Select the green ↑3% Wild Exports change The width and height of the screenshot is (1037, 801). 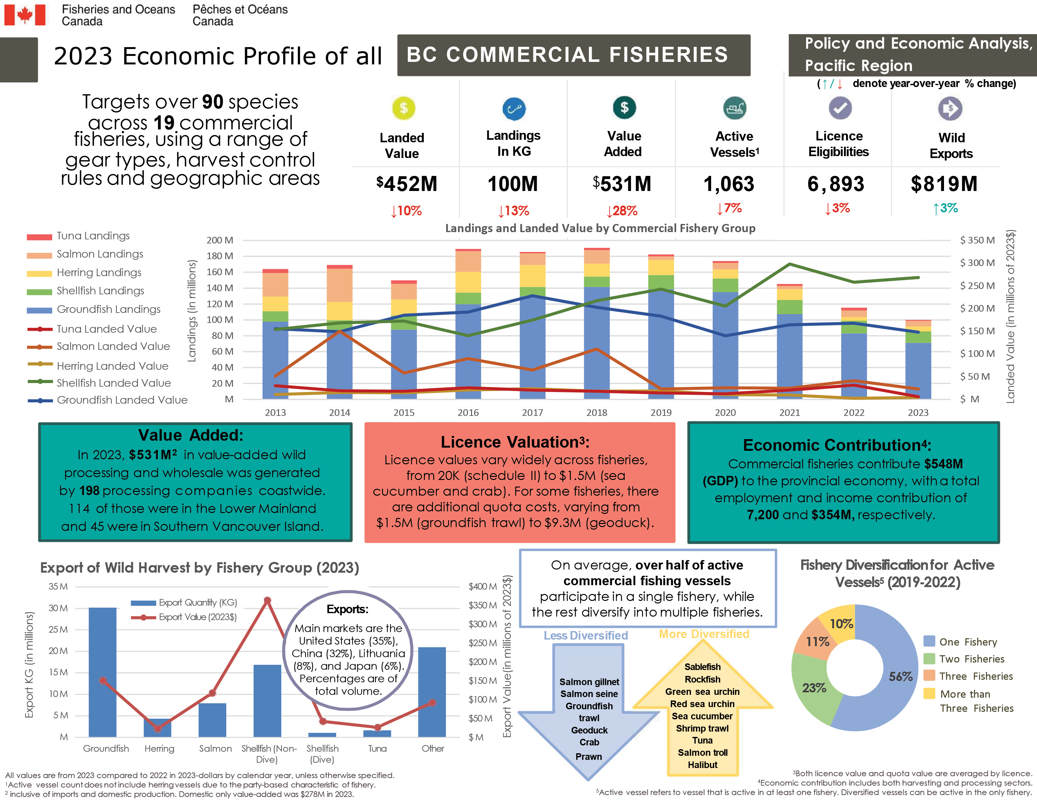pyautogui.click(x=945, y=208)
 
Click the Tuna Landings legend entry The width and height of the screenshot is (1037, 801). pyautogui.click(x=93, y=236)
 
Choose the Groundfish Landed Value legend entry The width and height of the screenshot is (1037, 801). pyautogui.click(x=122, y=400)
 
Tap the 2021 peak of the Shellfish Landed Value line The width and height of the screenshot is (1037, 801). pyautogui.click(x=789, y=264)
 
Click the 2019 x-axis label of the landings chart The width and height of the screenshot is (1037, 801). pyautogui.click(x=661, y=412)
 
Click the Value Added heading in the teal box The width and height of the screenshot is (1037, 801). pyautogui.click(x=190, y=435)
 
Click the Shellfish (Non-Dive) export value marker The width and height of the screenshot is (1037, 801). pyautogui.click(x=267, y=601)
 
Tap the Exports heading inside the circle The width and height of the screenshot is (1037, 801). pyautogui.click(x=348, y=609)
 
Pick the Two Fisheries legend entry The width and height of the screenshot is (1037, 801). pyautogui.click(x=971, y=659)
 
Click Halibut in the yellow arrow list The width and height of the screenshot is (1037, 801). pyautogui.click(x=702, y=765)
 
